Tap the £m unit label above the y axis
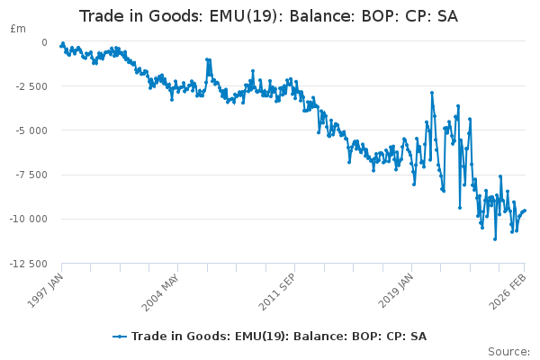pyautogui.click(x=17, y=29)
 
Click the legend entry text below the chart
pyautogui.click(x=279, y=337)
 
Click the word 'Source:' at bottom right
pyautogui.click(x=508, y=351)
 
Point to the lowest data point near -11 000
pyautogui.click(x=495, y=238)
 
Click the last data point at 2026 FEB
pyautogui.click(x=525, y=211)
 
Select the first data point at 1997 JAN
pyautogui.click(x=60, y=45)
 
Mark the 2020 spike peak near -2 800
pyautogui.click(x=432, y=92)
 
